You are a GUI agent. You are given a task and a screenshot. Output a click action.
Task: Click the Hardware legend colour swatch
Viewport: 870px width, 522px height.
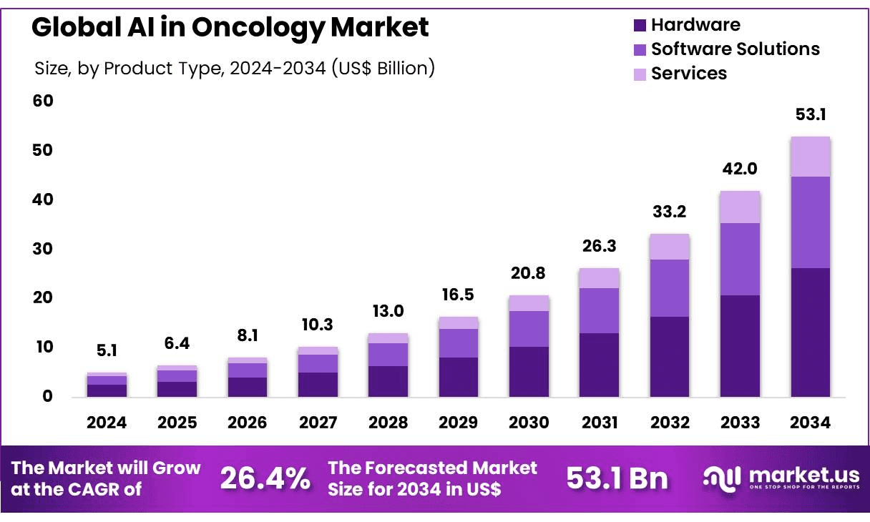(640, 26)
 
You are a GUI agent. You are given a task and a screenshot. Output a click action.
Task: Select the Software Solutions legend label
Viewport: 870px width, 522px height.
(735, 49)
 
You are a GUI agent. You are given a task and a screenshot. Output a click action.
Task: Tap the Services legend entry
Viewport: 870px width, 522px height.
(688, 74)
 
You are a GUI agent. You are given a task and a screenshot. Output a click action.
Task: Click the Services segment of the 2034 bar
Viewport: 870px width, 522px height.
(810, 157)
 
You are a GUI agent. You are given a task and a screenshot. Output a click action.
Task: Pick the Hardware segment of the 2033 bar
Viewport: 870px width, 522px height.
(740, 345)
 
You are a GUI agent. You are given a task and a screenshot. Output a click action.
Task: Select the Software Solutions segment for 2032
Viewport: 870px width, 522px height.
(669, 288)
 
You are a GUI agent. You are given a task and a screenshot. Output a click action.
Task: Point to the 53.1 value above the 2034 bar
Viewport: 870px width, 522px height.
(811, 115)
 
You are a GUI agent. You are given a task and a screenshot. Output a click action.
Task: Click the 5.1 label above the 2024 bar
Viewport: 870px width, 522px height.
(107, 351)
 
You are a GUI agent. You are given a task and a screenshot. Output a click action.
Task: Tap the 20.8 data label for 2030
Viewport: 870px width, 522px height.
(529, 272)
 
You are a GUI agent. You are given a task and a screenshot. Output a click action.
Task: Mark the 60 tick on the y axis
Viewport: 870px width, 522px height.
(44, 101)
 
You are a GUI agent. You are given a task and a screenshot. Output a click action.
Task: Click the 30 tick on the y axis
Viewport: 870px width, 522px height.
(44, 249)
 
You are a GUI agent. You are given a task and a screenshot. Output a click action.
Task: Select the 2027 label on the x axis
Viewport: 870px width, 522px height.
(318, 423)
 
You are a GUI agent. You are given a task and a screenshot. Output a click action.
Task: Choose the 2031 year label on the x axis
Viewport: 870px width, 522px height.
(599, 423)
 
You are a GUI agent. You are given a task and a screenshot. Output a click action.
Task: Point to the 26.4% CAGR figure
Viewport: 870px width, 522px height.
(265, 478)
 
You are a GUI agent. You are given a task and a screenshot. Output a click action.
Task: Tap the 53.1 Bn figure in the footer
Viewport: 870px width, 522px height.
(617, 478)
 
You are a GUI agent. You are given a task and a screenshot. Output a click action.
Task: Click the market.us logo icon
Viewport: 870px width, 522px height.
(721, 478)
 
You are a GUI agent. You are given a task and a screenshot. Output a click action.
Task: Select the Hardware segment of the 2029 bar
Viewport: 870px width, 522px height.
(459, 377)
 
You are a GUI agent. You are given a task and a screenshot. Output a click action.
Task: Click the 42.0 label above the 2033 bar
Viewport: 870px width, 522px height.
(740, 169)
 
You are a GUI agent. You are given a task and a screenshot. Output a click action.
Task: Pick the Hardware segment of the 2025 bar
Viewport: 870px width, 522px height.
(177, 389)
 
